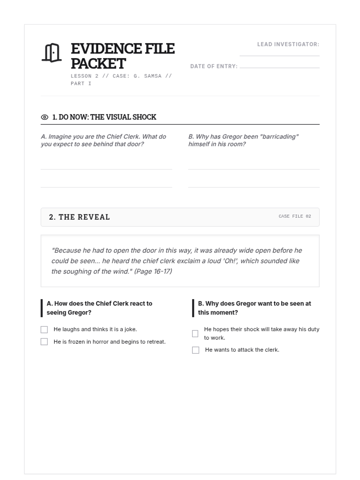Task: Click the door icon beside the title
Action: (x=52, y=53)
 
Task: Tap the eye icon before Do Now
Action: (x=44, y=117)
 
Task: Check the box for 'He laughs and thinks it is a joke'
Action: (x=44, y=330)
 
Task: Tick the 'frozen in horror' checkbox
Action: (x=44, y=342)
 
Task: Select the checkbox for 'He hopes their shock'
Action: (x=195, y=334)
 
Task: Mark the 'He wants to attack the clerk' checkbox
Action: (x=196, y=350)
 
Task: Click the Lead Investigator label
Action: (x=288, y=44)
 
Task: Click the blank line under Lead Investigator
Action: (x=279, y=55)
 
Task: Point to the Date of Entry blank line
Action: (x=279, y=67)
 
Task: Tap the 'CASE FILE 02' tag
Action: (x=295, y=216)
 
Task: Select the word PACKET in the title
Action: (x=98, y=64)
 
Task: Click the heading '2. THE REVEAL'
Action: (x=79, y=217)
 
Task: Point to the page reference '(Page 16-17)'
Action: (x=153, y=271)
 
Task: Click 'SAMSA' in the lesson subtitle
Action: (x=153, y=76)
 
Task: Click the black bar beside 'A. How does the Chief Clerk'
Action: (x=42, y=308)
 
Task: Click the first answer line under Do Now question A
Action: (x=106, y=169)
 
